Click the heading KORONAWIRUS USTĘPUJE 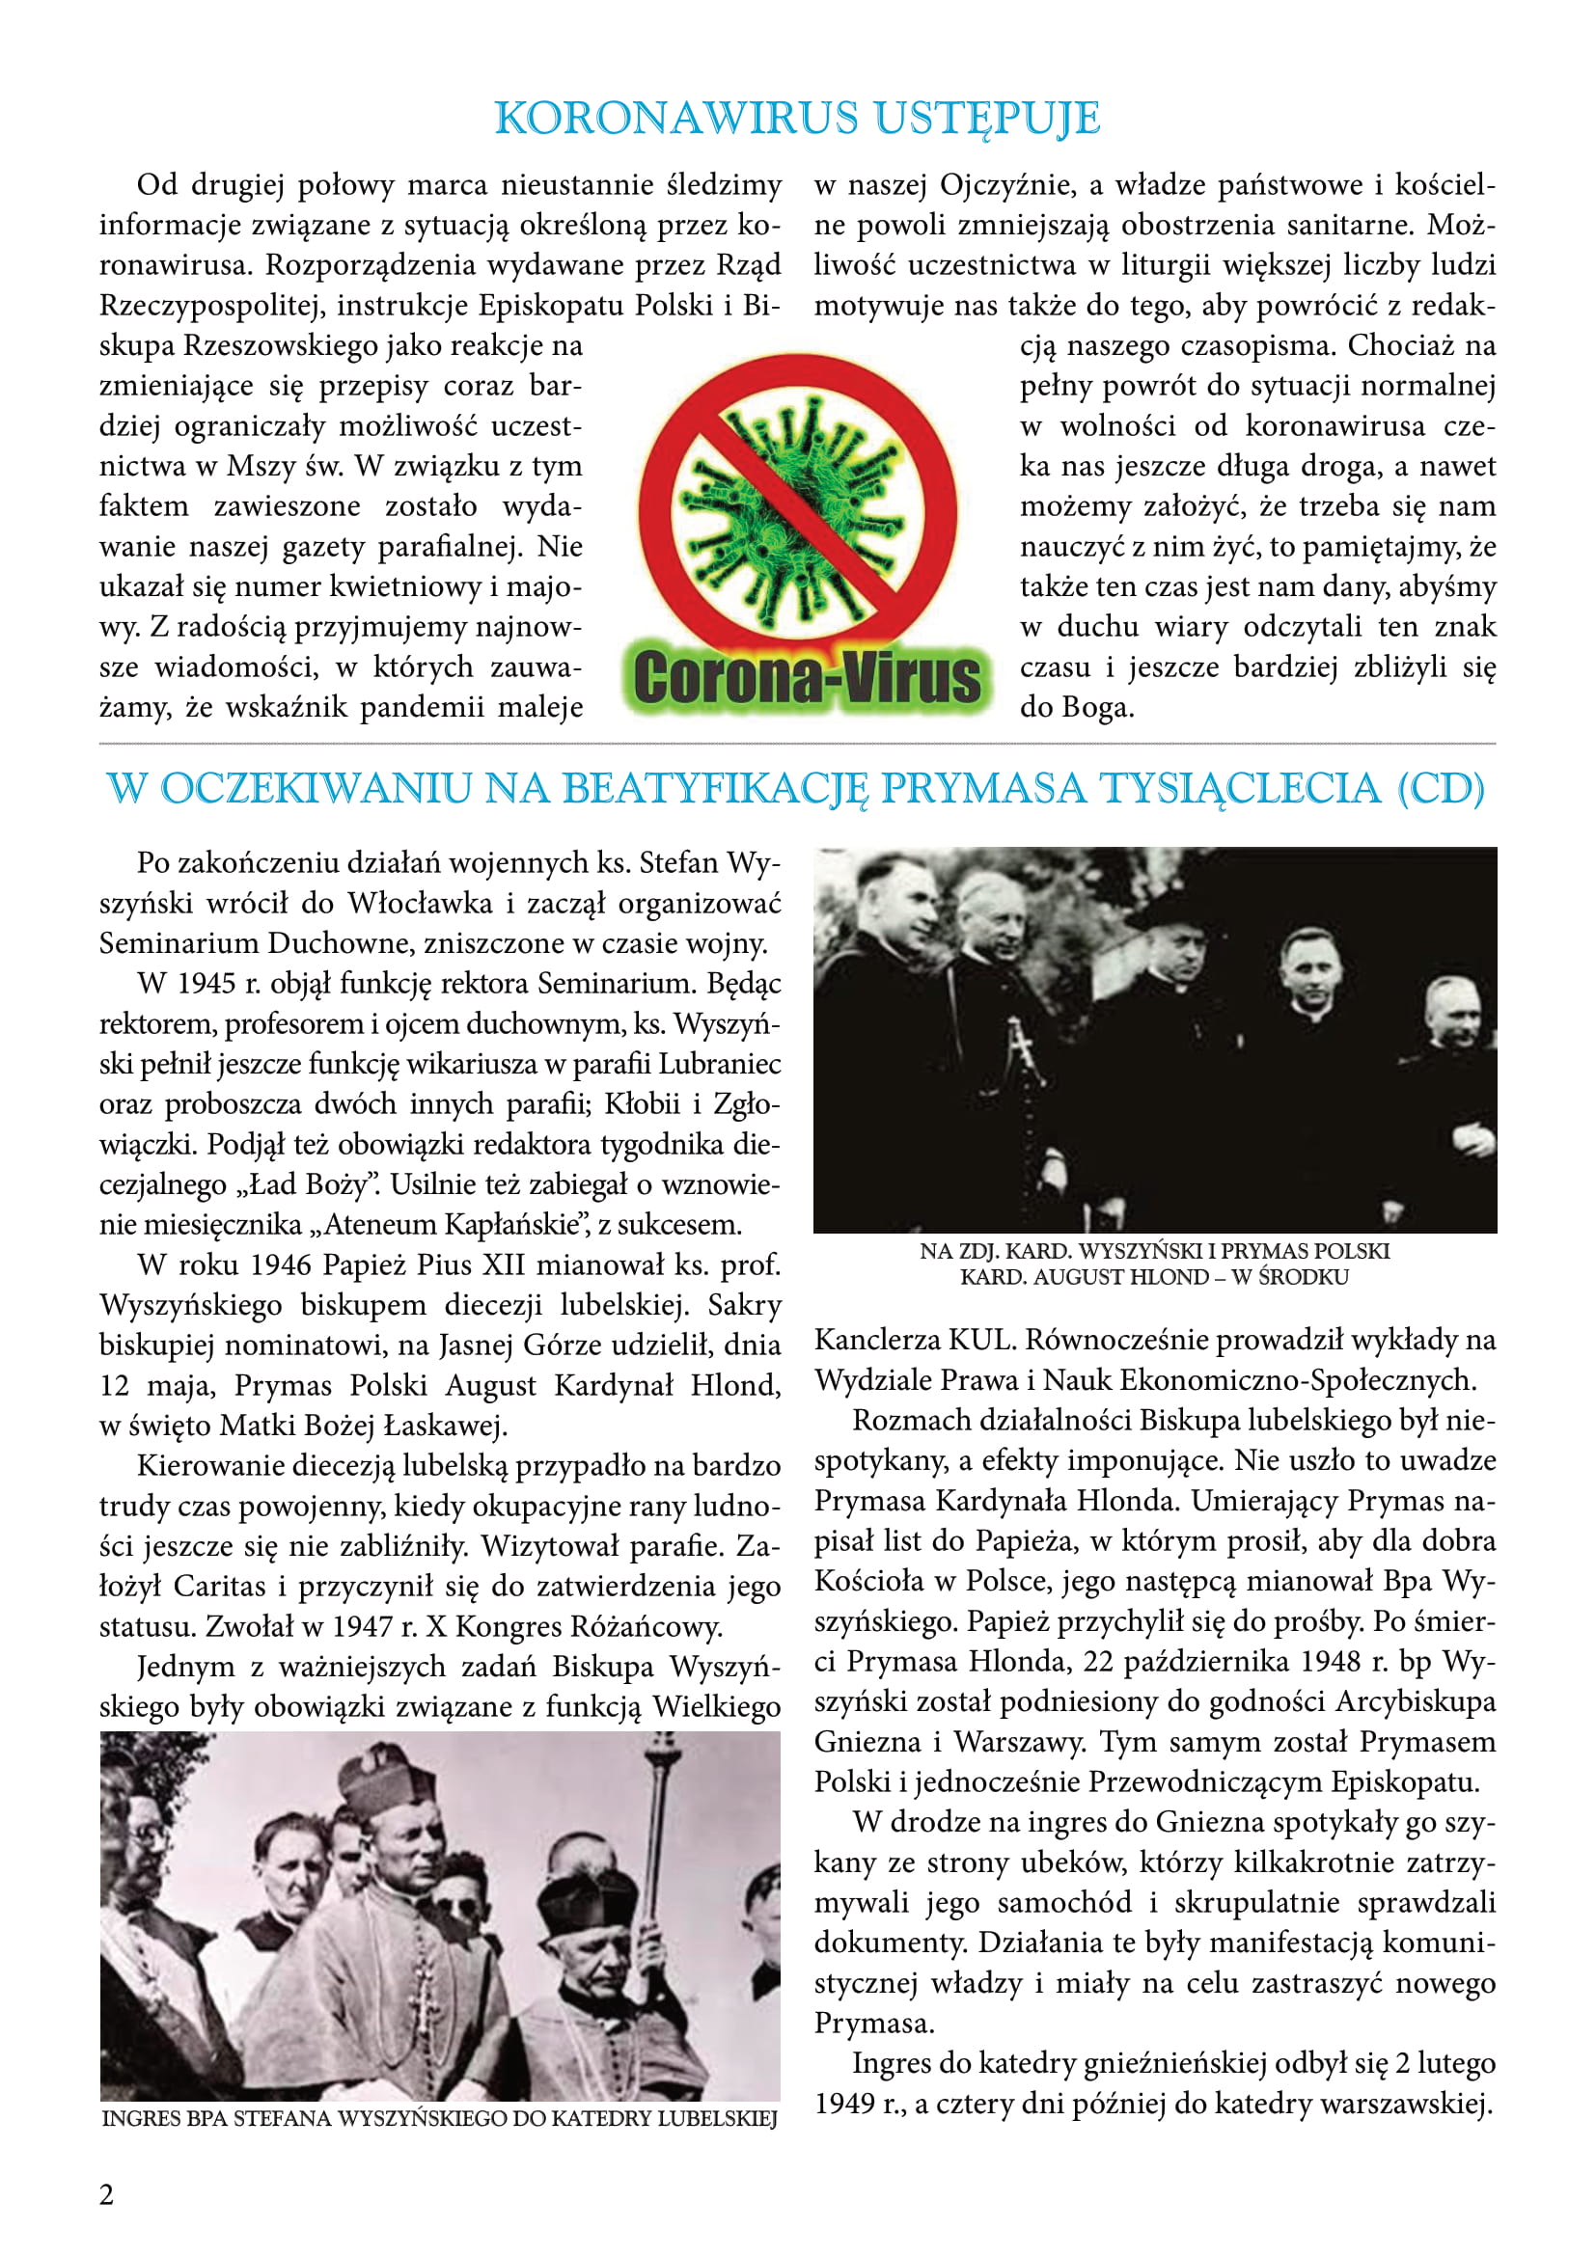pyautogui.click(x=797, y=118)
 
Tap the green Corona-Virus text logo pyautogui.click(x=806, y=678)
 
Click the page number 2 pyautogui.click(x=106, y=2194)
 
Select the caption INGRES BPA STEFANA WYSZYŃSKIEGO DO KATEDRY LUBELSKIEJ pyautogui.click(x=439, y=2117)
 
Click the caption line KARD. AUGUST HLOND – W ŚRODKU pyautogui.click(x=1154, y=1277)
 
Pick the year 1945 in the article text pyautogui.click(x=208, y=984)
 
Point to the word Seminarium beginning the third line pyautogui.click(x=179, y=943)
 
